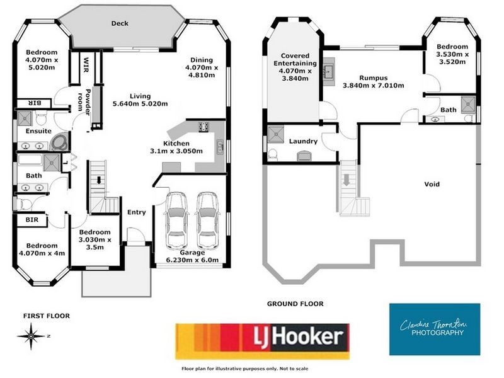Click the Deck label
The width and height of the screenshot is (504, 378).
[x=120, y=23]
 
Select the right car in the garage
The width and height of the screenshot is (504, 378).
[x=207, y=220]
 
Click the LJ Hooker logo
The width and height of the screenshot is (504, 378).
[x=261, y=341]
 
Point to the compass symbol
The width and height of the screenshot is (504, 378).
[x=30, y=336]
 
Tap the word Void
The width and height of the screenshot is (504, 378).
[x=432, y=185]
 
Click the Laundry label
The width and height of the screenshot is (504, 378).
[x=303, y=141]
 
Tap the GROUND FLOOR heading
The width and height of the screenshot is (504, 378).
[x=295, y=304]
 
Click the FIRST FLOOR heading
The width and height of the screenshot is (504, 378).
[x=47, y=316]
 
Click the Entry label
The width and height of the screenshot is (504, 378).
[x=137, y=212]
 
